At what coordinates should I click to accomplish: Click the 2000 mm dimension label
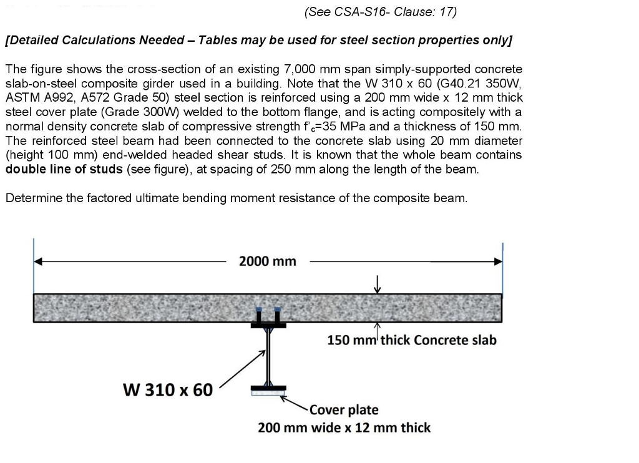268,261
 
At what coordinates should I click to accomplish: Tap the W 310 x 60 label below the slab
168,390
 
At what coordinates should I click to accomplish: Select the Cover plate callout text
344,410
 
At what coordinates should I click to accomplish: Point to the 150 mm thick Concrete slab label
412,340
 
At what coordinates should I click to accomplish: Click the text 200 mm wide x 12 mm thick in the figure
344,427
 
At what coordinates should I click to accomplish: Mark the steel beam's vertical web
268,356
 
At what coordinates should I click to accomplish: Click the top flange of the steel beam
268,325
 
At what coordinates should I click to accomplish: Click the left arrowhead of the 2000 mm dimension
38,262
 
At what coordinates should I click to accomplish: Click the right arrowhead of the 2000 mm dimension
498,262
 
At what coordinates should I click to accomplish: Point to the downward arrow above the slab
376,284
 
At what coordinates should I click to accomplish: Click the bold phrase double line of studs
64,169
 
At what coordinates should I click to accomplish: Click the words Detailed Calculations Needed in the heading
96,40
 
